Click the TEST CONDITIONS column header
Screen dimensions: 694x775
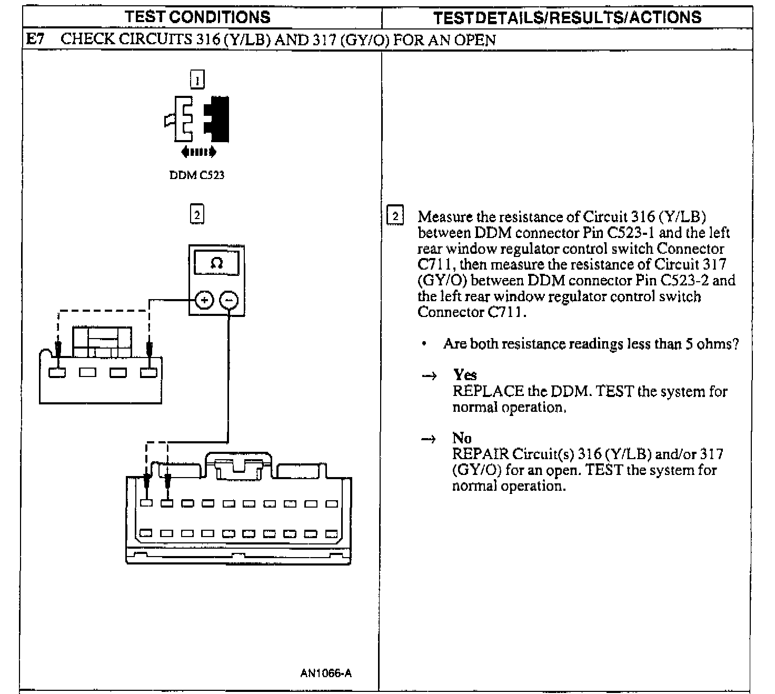click(x=197, y=17)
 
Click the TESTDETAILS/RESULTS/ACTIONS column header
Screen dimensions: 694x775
click(x=567, y=17)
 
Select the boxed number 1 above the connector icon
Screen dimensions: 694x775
click(x=197, y=80)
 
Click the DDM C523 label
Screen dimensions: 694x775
click(x=197, y=175)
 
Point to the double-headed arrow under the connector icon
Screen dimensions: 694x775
click(x=198, y=152)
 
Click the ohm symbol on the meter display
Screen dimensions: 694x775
click(x=216, y=263)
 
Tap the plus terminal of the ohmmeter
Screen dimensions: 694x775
click(x=204, y=300)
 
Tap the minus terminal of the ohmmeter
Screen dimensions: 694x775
click(x=228, y=300)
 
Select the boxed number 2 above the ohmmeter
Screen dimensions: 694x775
click(x=197, y=214)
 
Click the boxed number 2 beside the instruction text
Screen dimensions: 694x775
click(x=395, y=216)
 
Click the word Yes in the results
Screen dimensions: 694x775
click(x=465, y=375)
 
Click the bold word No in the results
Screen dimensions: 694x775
click(x=462, y=438)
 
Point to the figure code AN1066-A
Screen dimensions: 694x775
click(x=326, y=673)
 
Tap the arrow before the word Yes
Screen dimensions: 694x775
click(x=429, y=376)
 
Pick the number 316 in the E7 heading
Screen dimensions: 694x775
click(x=210, y=39)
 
